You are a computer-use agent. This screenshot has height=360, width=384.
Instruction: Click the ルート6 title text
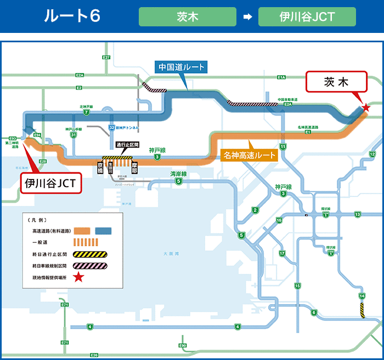click(x=72, y=16)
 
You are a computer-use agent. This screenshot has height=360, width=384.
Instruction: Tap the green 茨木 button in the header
click(x=187, y=16)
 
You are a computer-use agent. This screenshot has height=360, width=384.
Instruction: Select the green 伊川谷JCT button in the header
click(x=307, y=16)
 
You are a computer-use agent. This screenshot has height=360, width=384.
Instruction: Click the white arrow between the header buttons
click(x=247, y=16)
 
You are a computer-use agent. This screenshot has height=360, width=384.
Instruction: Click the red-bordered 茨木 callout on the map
click(x=336, y=83)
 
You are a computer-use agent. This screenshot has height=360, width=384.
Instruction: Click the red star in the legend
click(x=78, y=278)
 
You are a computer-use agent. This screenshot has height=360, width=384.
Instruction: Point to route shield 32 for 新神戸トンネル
click(x=111, y=127)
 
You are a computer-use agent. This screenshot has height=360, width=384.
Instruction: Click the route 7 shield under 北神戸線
click(x=87, y=113)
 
